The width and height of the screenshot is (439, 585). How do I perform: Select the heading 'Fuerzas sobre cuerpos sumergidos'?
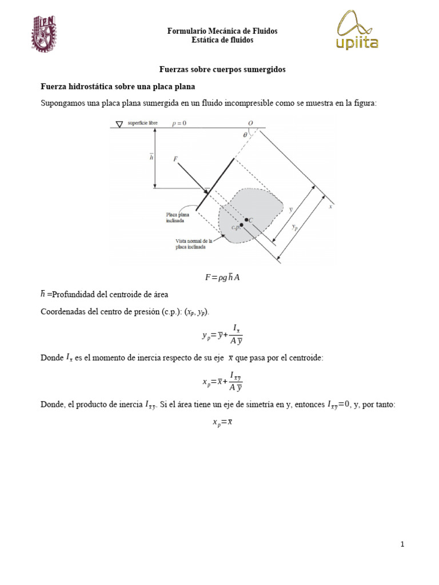click(x=222, y=69)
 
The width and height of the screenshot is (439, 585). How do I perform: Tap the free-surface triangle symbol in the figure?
click(x=119, y=124)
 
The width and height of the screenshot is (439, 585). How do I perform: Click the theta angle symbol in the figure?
click(x=245, y=135)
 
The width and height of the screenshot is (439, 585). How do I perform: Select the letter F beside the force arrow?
click(x=175, y=160)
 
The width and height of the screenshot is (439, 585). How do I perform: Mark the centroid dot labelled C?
click(x=246, y=219)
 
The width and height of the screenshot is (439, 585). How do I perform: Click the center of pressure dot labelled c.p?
click(x=242, y=225)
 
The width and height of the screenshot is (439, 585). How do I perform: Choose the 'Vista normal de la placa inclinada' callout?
click(x=194, y=244)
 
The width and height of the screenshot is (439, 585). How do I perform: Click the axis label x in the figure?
click(x=330, y=207)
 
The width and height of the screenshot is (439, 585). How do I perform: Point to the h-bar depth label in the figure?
click(x=151, y=157)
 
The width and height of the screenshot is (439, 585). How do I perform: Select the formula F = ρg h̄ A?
click(x=222, y=278)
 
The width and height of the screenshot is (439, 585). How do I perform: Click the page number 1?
click(x=402, y=544)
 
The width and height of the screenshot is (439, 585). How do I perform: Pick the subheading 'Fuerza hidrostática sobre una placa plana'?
click(x=118, y=86)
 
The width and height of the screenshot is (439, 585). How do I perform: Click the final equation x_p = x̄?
click(x=222, y=423)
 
